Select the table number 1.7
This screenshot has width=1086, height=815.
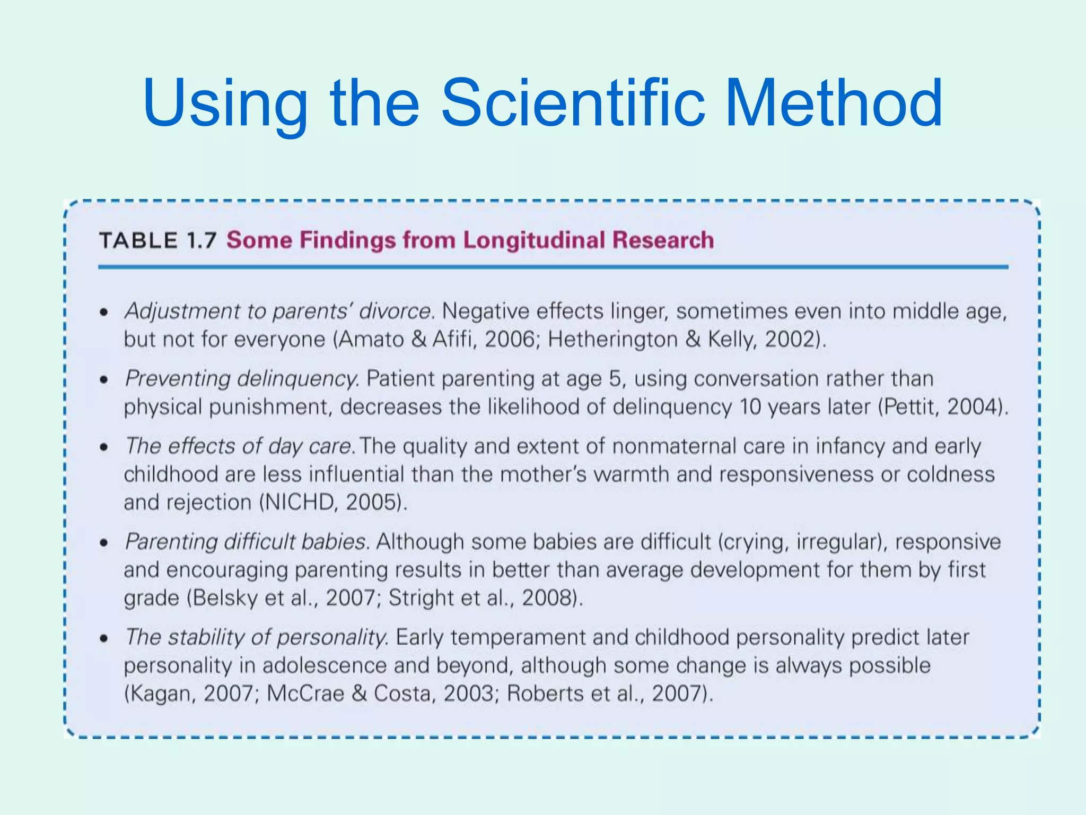(x=201, y=240)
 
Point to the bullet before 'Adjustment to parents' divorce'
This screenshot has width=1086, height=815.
(x=104, y=312)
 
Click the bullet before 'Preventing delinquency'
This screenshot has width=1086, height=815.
(x=104, y=379)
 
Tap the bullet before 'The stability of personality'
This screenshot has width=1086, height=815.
(x=104, y=638)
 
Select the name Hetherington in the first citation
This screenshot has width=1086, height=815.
(x=612, y=339)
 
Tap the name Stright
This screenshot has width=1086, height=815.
(x=422, y=598)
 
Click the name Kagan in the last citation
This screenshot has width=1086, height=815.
(x=161, y=693)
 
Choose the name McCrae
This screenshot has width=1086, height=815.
(x=305, y=693)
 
